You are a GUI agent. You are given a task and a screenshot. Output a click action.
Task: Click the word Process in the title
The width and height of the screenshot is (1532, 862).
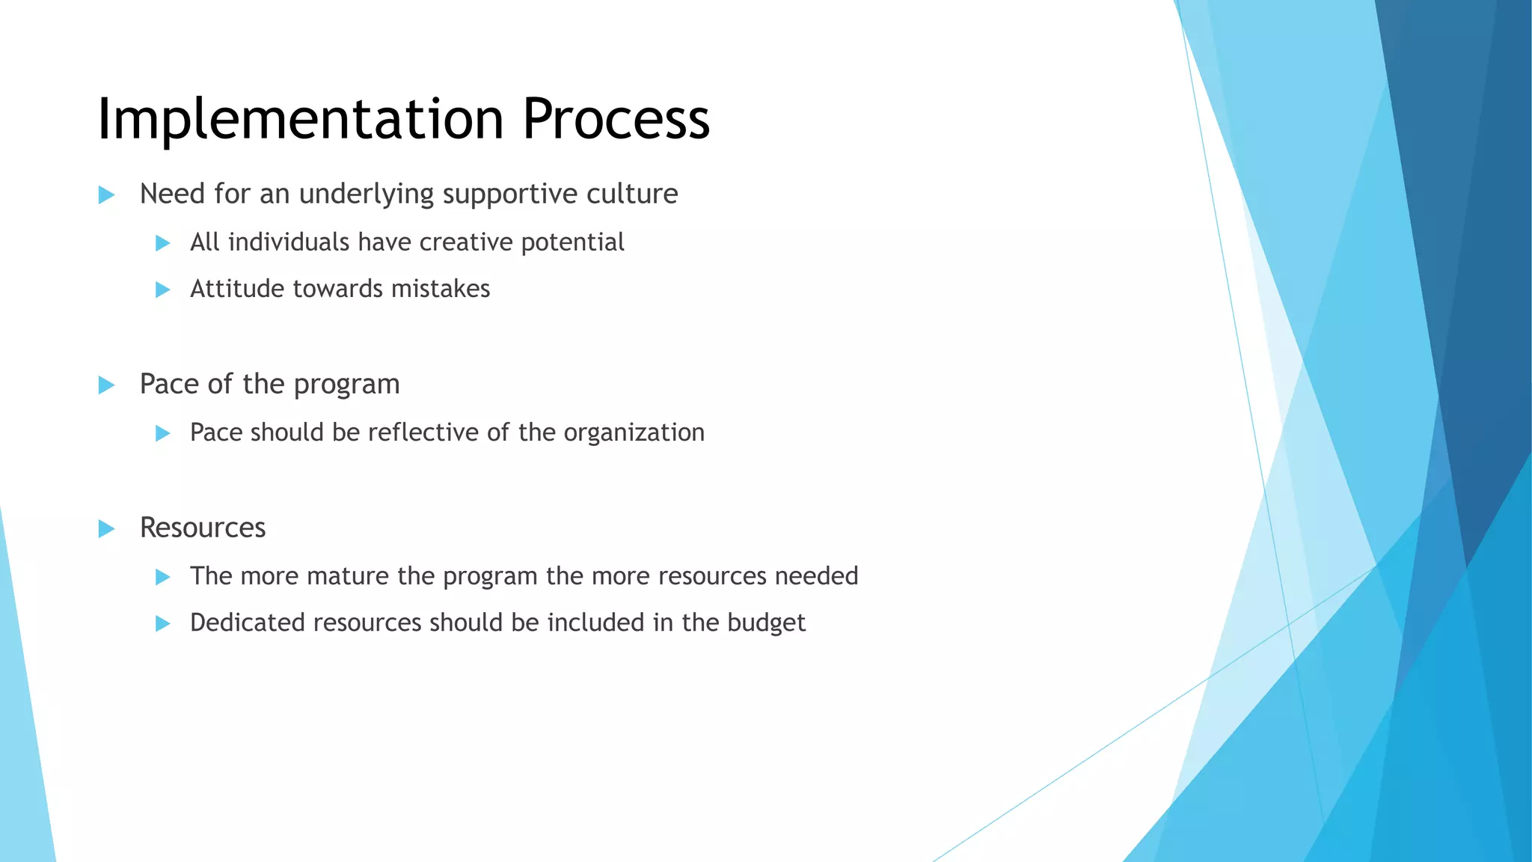click(616, 120)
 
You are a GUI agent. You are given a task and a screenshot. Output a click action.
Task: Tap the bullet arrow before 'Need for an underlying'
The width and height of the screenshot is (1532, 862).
click(106, 195)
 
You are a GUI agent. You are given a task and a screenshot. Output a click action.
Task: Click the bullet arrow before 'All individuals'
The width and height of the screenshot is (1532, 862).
click(162, 243)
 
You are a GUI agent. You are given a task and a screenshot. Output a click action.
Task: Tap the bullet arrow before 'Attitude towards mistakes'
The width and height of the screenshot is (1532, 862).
click(162, 290)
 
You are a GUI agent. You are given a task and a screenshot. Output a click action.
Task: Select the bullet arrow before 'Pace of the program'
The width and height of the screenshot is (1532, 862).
click(106, 385)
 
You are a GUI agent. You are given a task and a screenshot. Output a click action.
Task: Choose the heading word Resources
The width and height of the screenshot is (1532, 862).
click(203, 528)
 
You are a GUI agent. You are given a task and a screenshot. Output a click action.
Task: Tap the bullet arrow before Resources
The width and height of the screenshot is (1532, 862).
click(106, 529)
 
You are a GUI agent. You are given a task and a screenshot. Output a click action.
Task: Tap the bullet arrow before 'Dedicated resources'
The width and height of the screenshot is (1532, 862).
click(162, 624)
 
